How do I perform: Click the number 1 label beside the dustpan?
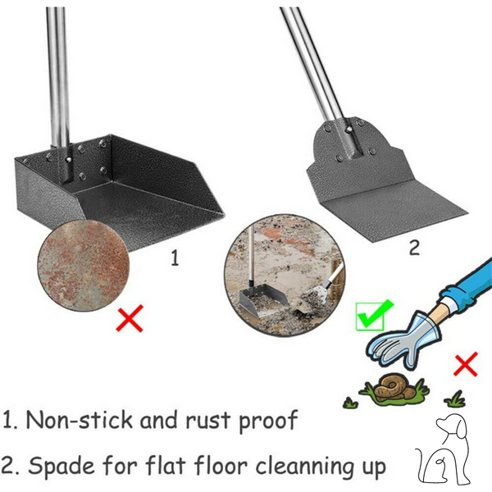pos(175,258)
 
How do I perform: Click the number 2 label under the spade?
pos(414,248)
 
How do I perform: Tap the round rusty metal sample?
pos(83,266)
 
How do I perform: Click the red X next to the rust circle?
pos(130,318)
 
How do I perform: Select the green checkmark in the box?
pos(373,316)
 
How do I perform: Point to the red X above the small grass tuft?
pos(466,364)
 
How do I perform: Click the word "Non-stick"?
pos(79,420)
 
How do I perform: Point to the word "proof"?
pos(268,421)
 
